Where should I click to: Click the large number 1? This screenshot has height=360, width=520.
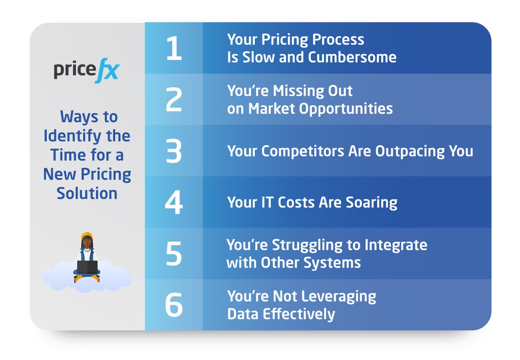pyautogui.click(x=174, y=48)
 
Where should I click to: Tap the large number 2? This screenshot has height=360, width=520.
pyautogui.click(x=174, y=99)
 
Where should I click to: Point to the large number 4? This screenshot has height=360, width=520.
pyautogui.click(x=174, y=202)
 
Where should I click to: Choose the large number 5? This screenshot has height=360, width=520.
pyautogui.click(x=174, y=253)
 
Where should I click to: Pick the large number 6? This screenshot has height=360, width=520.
pyautogui.click(x=174, y=305)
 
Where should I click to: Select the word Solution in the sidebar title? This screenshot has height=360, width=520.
pyautogui.click(x=87, y=193)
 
